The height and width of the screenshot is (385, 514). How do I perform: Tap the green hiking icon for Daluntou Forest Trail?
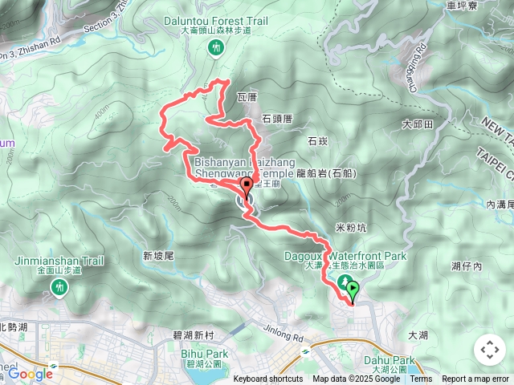[216, 49]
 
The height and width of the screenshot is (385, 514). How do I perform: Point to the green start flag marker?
[353, 287]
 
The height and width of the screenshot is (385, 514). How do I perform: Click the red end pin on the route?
[246, 187]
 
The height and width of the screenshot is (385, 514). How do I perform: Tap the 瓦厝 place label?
[247, 98]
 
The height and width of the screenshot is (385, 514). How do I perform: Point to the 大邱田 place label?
[418, 124]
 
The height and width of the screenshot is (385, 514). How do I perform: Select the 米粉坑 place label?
[351, 228]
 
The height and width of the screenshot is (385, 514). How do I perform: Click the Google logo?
[30, 373]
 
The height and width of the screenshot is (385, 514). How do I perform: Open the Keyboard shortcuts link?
[267, 379]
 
